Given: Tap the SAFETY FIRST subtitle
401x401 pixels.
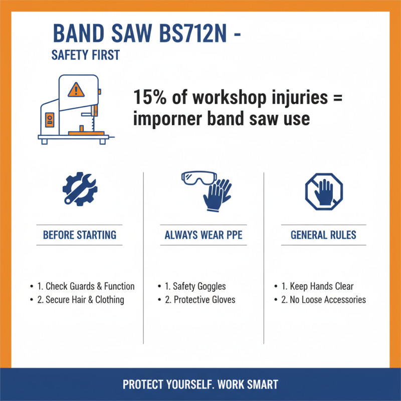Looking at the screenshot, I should click(x=86, y=55).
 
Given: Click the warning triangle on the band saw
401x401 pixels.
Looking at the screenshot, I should click(x=76, y=89).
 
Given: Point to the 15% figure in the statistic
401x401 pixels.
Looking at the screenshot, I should click(x=148, y=97).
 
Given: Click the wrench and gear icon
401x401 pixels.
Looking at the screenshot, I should click(x=80, y=189).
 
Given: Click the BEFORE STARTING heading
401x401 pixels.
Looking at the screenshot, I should click(x=80, y=235).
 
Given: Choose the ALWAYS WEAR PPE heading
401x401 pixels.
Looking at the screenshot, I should click(x=204, y=235).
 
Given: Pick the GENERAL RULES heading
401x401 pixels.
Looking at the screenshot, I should click(x=323, y=235).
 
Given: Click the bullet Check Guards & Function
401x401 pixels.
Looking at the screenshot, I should click(x=86, y=287).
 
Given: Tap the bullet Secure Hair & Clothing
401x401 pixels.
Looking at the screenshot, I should click(x=81, y=300).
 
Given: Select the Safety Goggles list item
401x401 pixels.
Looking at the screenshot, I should click(x=195, y=287).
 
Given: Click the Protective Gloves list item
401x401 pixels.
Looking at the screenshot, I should click(x=200, y=300).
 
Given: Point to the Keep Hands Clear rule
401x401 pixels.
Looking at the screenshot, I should click(x=318, y=287).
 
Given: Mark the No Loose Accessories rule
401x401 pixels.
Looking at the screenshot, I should click(x=324, y=300).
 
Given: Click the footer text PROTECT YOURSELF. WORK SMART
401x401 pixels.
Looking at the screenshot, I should click(x=200, y=385).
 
